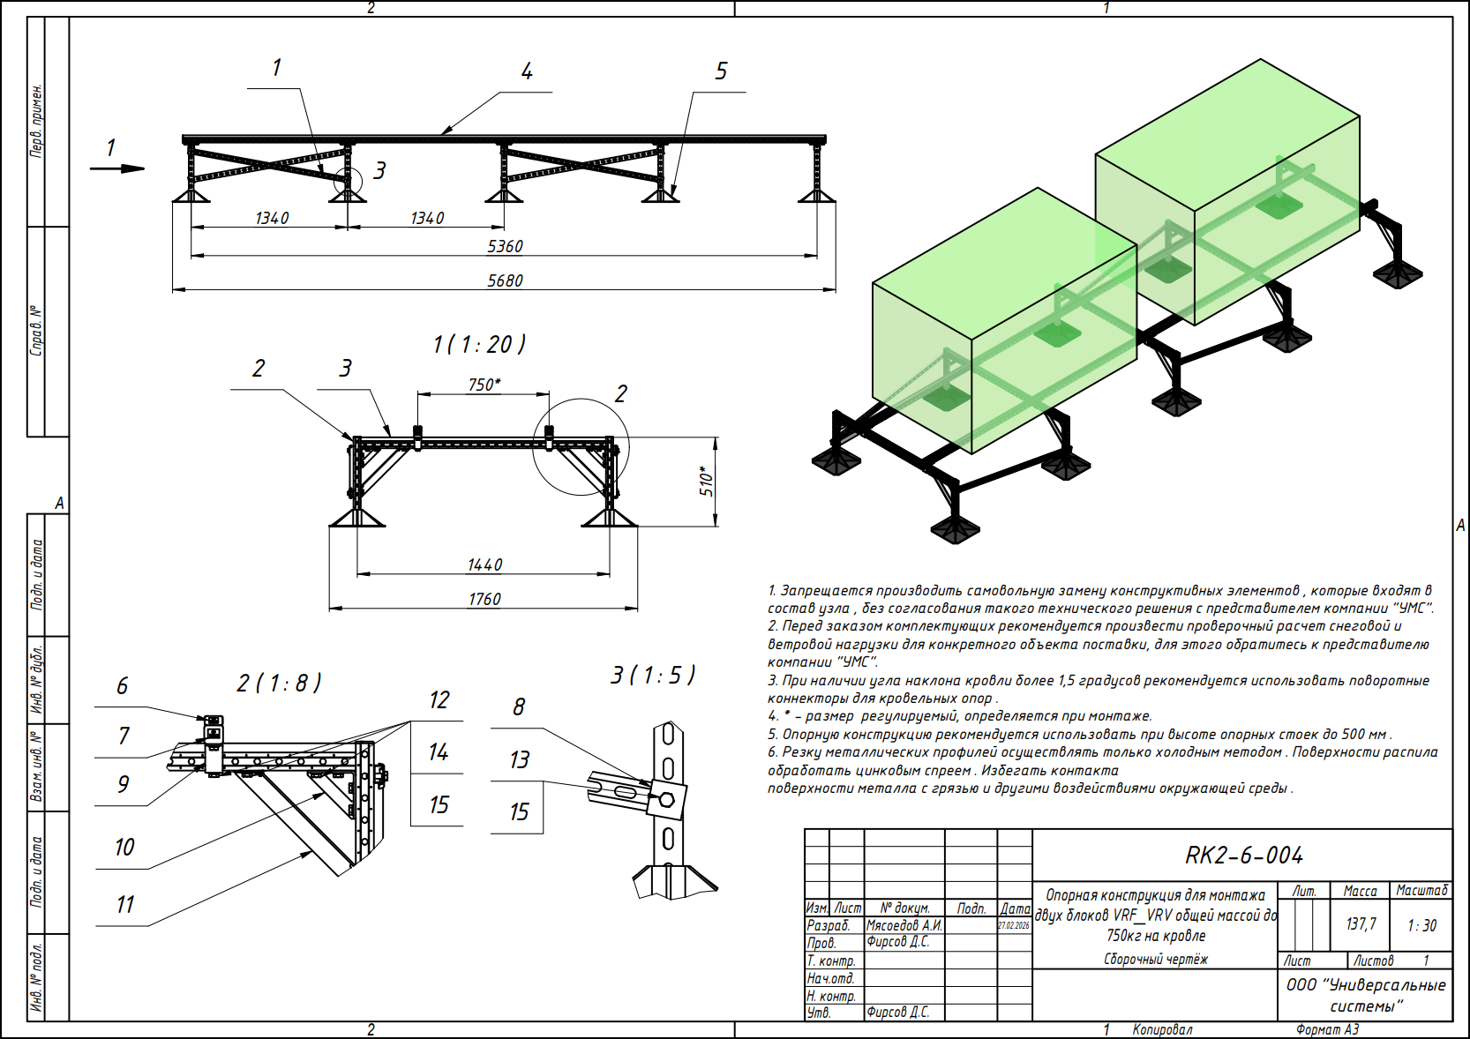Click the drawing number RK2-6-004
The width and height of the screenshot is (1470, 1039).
(x=1243, y=856)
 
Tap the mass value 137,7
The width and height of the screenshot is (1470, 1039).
(x=1361, y=923)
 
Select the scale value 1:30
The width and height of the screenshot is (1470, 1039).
(x=1421, y=925)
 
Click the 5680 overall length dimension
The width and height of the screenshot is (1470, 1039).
(x=505, y=280)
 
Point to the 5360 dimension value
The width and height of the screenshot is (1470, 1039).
(x=505, y=246)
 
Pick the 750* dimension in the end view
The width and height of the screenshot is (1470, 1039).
(x=484, y=385)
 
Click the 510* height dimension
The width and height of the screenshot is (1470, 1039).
(x=707, y=481)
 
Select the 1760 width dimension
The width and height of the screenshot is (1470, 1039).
(x=484, y=599)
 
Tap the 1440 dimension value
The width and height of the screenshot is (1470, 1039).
(x=484, y=564)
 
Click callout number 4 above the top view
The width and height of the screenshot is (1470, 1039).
(x=527, y=71)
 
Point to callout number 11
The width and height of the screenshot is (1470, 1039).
(x=125, y=904)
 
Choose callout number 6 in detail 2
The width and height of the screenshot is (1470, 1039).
(x=122, y=685)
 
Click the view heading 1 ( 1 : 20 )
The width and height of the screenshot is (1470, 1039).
(x=479, y=344)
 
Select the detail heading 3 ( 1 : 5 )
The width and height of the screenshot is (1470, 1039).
(x=653, y=676)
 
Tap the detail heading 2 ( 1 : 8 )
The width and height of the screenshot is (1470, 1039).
(x=279, y=683)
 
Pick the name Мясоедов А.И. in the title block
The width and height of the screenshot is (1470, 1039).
(x=904, y=925)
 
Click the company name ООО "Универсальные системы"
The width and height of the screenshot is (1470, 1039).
(x=1366, y=995)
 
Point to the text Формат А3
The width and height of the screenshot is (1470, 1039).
(x=1327, y=1029)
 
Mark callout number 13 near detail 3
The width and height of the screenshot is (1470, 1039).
(x=519, y=759)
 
